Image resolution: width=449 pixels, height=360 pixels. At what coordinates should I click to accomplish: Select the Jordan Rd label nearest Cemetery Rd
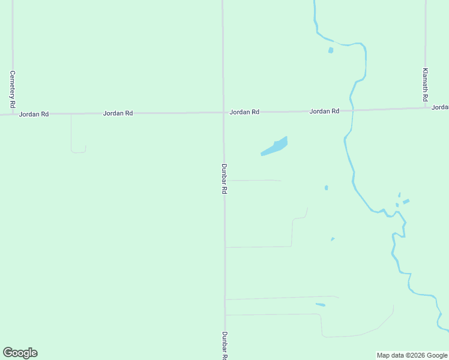pyautogui.click(x=34, y=114)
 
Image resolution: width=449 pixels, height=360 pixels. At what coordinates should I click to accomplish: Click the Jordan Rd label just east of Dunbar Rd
pyautogui.click(x=244, y=112)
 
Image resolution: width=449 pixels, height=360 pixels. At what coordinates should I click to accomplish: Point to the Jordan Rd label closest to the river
pyautogui.click(x=324, y=111)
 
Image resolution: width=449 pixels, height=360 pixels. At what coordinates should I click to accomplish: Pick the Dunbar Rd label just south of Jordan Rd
pyautogui.click(x=224, y=178)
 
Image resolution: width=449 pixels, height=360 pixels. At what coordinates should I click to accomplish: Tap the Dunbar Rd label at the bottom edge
pyautogui.click(x=224, y=345)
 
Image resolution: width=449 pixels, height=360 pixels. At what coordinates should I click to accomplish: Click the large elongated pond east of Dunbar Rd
pyautogui.click(x=274, y=146)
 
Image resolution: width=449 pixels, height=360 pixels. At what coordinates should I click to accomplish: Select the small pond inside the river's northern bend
pyautogui.click(x=331, y=50)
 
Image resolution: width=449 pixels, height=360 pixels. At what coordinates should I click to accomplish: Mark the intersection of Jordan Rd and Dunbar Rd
pyautogui.click(x=223, y=112)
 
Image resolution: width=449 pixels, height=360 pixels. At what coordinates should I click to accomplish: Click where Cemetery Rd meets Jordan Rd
pyautogui.click(x=13, y=113)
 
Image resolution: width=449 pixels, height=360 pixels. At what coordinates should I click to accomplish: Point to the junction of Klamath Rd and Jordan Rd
pyautogui.click(x=425, y=109)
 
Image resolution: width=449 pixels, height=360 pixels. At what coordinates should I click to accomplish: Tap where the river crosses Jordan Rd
pyautogui.click(x=352, y=110)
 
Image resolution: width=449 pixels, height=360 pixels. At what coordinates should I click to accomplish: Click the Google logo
pyautogui.click(x=20, y=353)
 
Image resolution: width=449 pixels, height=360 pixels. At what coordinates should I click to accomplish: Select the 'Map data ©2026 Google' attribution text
pyautogui.click(x=412, y=355)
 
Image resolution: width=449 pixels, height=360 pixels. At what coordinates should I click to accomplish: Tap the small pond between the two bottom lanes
pyautogui.click(x=321, y=305)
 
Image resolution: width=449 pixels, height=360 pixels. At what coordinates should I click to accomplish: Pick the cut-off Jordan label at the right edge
pyautogui.click(x=440, y=107)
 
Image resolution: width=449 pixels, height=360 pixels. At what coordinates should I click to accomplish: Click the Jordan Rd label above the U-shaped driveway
pyautogui.click(x=118, y=113)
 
